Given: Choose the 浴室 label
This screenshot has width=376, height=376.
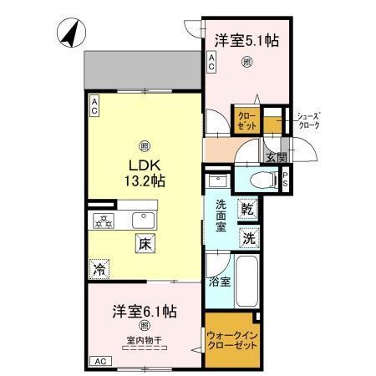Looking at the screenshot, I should [220, 282].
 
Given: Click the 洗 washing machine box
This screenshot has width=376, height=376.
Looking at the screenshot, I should [248, 237].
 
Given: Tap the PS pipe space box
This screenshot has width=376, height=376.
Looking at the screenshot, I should [285, 178].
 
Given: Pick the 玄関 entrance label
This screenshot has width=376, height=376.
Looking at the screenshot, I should [276, 155].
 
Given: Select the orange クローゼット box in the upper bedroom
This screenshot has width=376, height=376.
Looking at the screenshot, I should [246, 120].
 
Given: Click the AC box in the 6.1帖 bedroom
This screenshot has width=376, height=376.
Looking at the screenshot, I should [99, 361].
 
